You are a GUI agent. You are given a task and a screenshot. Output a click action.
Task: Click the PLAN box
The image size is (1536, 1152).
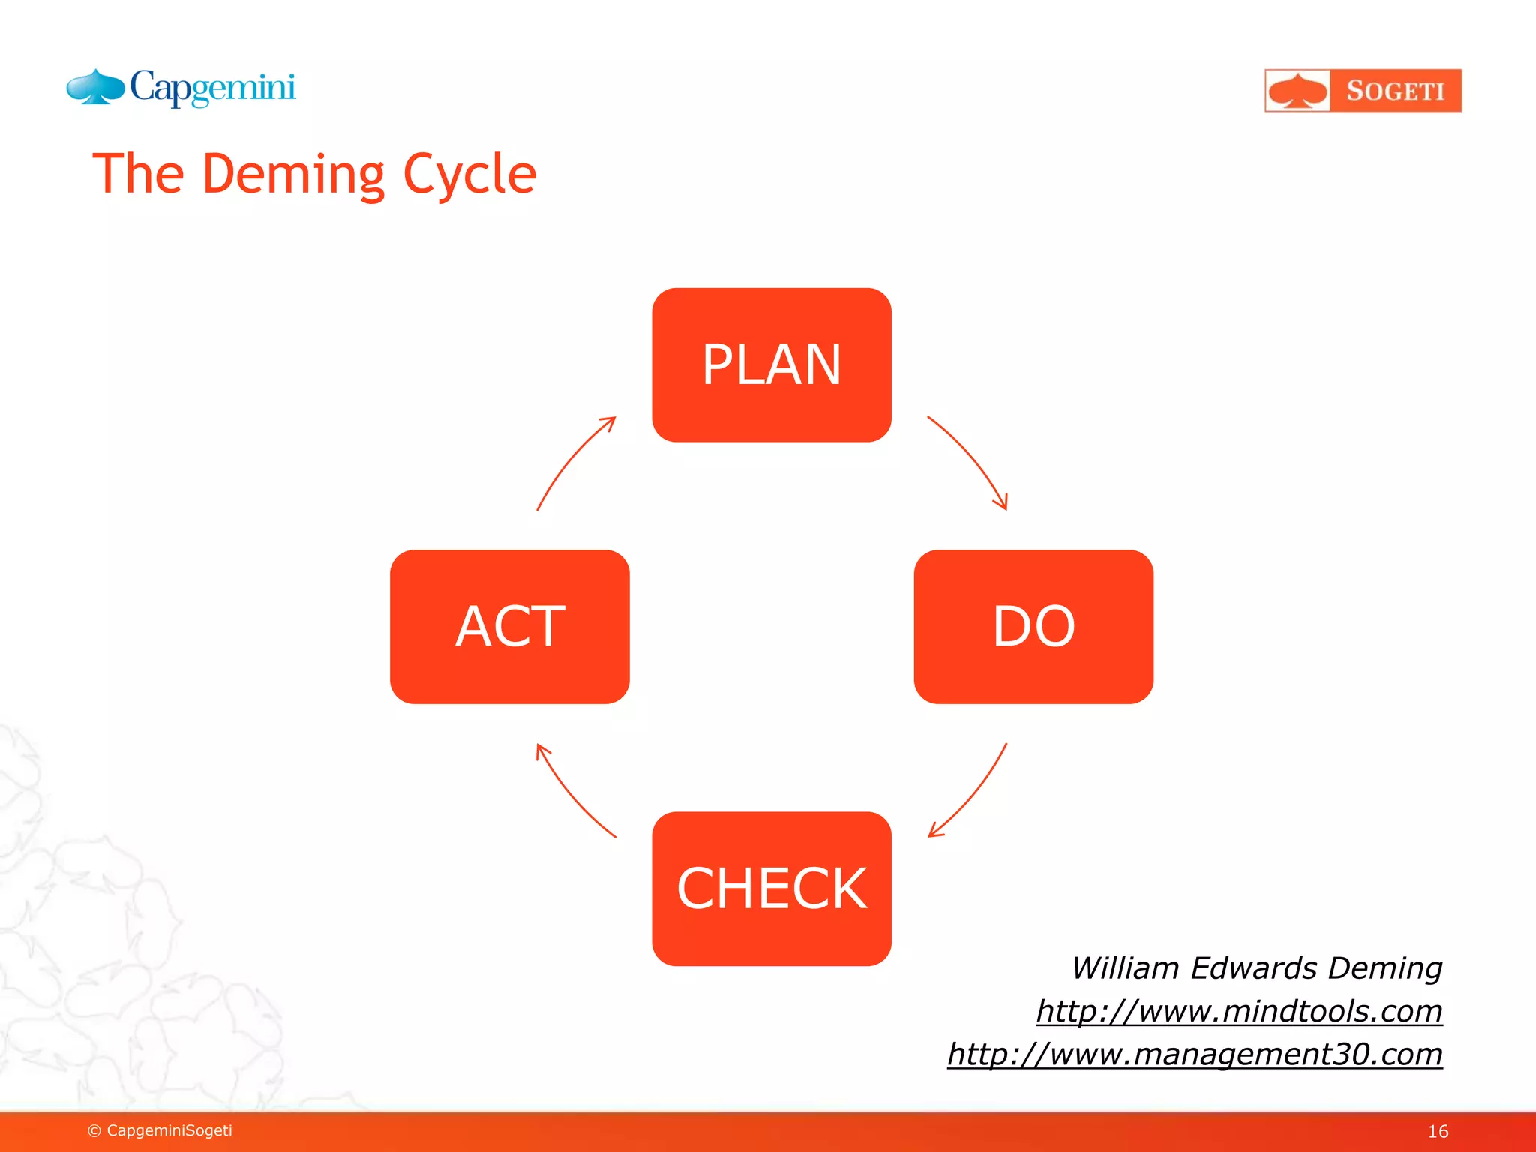pos(772,364)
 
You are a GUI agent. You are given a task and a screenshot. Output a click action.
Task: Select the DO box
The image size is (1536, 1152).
pos(1033,626)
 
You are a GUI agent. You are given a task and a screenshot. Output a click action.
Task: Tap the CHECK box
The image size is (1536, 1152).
pos(772,889)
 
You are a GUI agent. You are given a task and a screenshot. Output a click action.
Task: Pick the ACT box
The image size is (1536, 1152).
pos(509,626)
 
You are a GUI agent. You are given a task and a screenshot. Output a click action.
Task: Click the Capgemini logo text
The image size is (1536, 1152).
pos(213,88)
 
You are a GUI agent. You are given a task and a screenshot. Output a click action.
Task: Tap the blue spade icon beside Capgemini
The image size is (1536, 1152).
pos(95,87)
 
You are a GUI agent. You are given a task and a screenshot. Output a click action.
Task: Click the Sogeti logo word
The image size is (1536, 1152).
pos(1395,91)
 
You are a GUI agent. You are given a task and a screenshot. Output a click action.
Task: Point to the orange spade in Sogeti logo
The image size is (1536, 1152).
pos(1297,91)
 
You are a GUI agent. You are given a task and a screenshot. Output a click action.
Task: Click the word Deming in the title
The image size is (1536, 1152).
pos(293,175)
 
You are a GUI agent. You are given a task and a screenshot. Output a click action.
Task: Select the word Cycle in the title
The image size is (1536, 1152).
pos(469,175)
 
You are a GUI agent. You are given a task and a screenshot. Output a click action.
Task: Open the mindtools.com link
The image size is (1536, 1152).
pos(1239,1011)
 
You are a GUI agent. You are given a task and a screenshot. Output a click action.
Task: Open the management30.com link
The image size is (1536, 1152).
pos(1195,1054)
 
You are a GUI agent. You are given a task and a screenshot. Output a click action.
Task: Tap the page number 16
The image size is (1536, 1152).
pos(1437,1131)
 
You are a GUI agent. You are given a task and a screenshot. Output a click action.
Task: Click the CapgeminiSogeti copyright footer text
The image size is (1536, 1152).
pos(160,1130)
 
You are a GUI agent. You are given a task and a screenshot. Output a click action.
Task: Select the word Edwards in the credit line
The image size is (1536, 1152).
pos(1253,968)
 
